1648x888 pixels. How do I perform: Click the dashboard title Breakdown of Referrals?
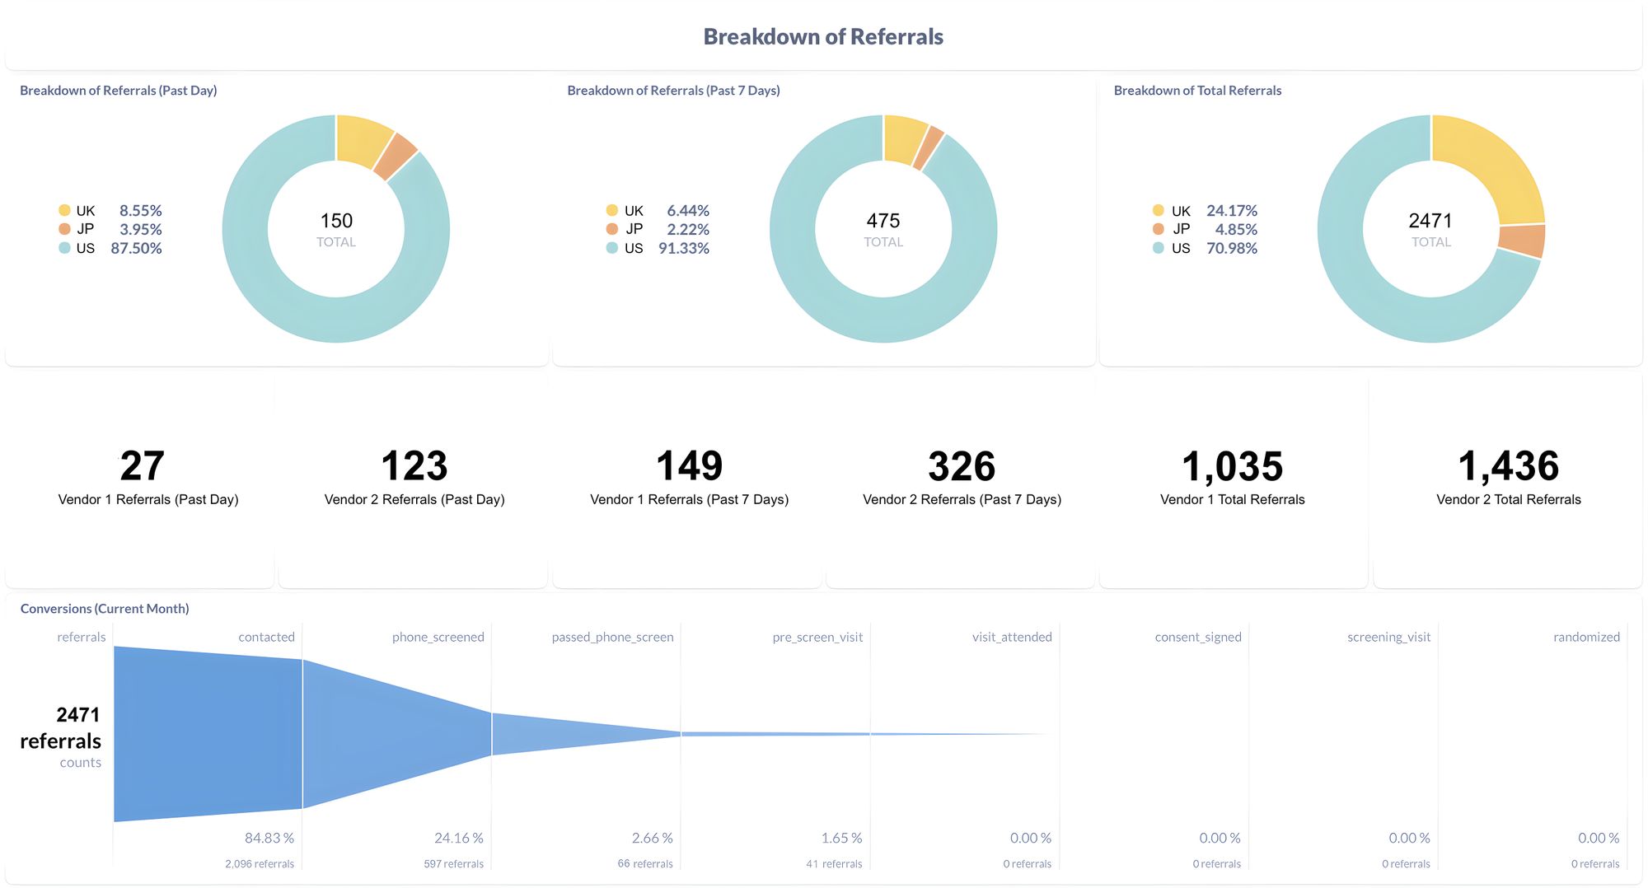(822, 37)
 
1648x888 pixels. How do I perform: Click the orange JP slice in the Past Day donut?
(396, 156)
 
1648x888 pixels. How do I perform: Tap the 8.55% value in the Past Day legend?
(140, 211)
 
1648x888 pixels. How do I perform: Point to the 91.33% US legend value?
(683, 248)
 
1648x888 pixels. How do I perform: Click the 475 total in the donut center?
(883, 221)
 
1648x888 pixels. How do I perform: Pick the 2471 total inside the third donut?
(1430, 221)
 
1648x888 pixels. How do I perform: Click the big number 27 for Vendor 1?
(142, 466)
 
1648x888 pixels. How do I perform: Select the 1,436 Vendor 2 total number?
(1508, 466)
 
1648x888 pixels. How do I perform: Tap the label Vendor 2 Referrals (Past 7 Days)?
(962, 499)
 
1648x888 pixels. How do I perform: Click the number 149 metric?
(689, 466)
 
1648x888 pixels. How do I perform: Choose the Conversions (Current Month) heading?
(105, 609)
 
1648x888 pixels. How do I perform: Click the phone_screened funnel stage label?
(438, 637)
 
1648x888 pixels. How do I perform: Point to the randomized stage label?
(1586, 637)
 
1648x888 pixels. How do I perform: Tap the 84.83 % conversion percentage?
(269, 838)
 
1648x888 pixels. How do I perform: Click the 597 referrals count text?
(453, 864)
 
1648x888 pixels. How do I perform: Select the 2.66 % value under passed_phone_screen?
(652, 838)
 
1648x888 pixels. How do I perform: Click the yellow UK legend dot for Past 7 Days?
(611, 210)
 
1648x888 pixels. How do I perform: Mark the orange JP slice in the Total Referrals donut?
(1521, 241)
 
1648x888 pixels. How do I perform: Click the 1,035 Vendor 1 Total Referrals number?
(1232, 466)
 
